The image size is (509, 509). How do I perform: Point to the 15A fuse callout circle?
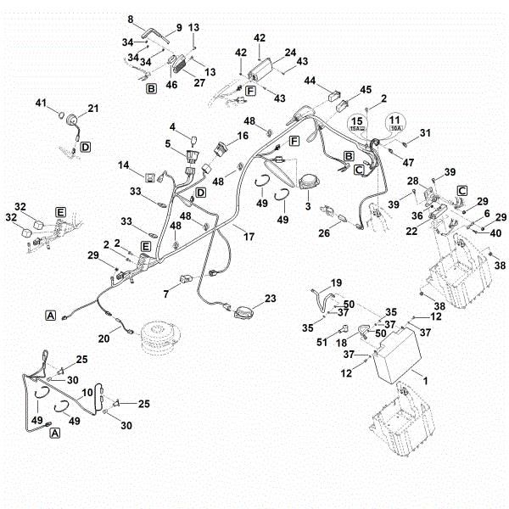pyautogui.click(x=357, y=125)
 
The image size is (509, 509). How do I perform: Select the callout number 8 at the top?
pyautogui.click(x=131, y=19)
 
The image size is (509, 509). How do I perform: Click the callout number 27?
pyautogui.click(x=200, y=82)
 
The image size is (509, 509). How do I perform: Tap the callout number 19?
pyautogui.click(x=336, y=282)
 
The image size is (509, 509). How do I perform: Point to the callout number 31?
pyautogui.click(x=426, y=131)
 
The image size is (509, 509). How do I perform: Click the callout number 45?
pyautogui.click(x=366, y=89)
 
